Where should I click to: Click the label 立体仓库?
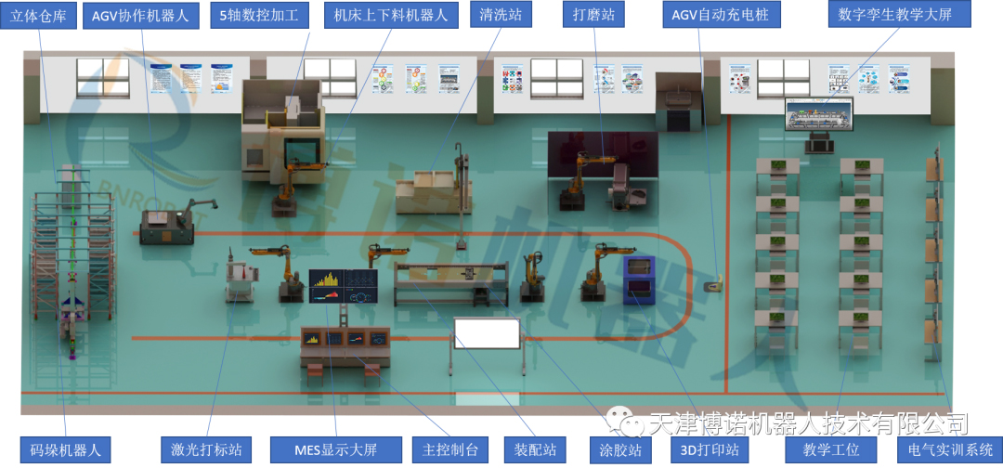(38, 16)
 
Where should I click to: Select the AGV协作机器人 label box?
(139, 16)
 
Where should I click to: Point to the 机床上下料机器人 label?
(391, 16)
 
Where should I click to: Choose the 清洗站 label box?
(501, 16)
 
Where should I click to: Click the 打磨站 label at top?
(594, 16)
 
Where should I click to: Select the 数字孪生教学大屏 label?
(889, 16)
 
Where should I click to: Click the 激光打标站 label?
(206, 450)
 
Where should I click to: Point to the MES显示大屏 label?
(335, 450)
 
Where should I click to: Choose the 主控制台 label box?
(449, 450)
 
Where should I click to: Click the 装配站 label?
(536, 450)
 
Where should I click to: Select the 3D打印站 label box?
(710, 450)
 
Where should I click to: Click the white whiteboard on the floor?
(487, 333)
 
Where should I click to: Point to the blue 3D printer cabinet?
(638, 279)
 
